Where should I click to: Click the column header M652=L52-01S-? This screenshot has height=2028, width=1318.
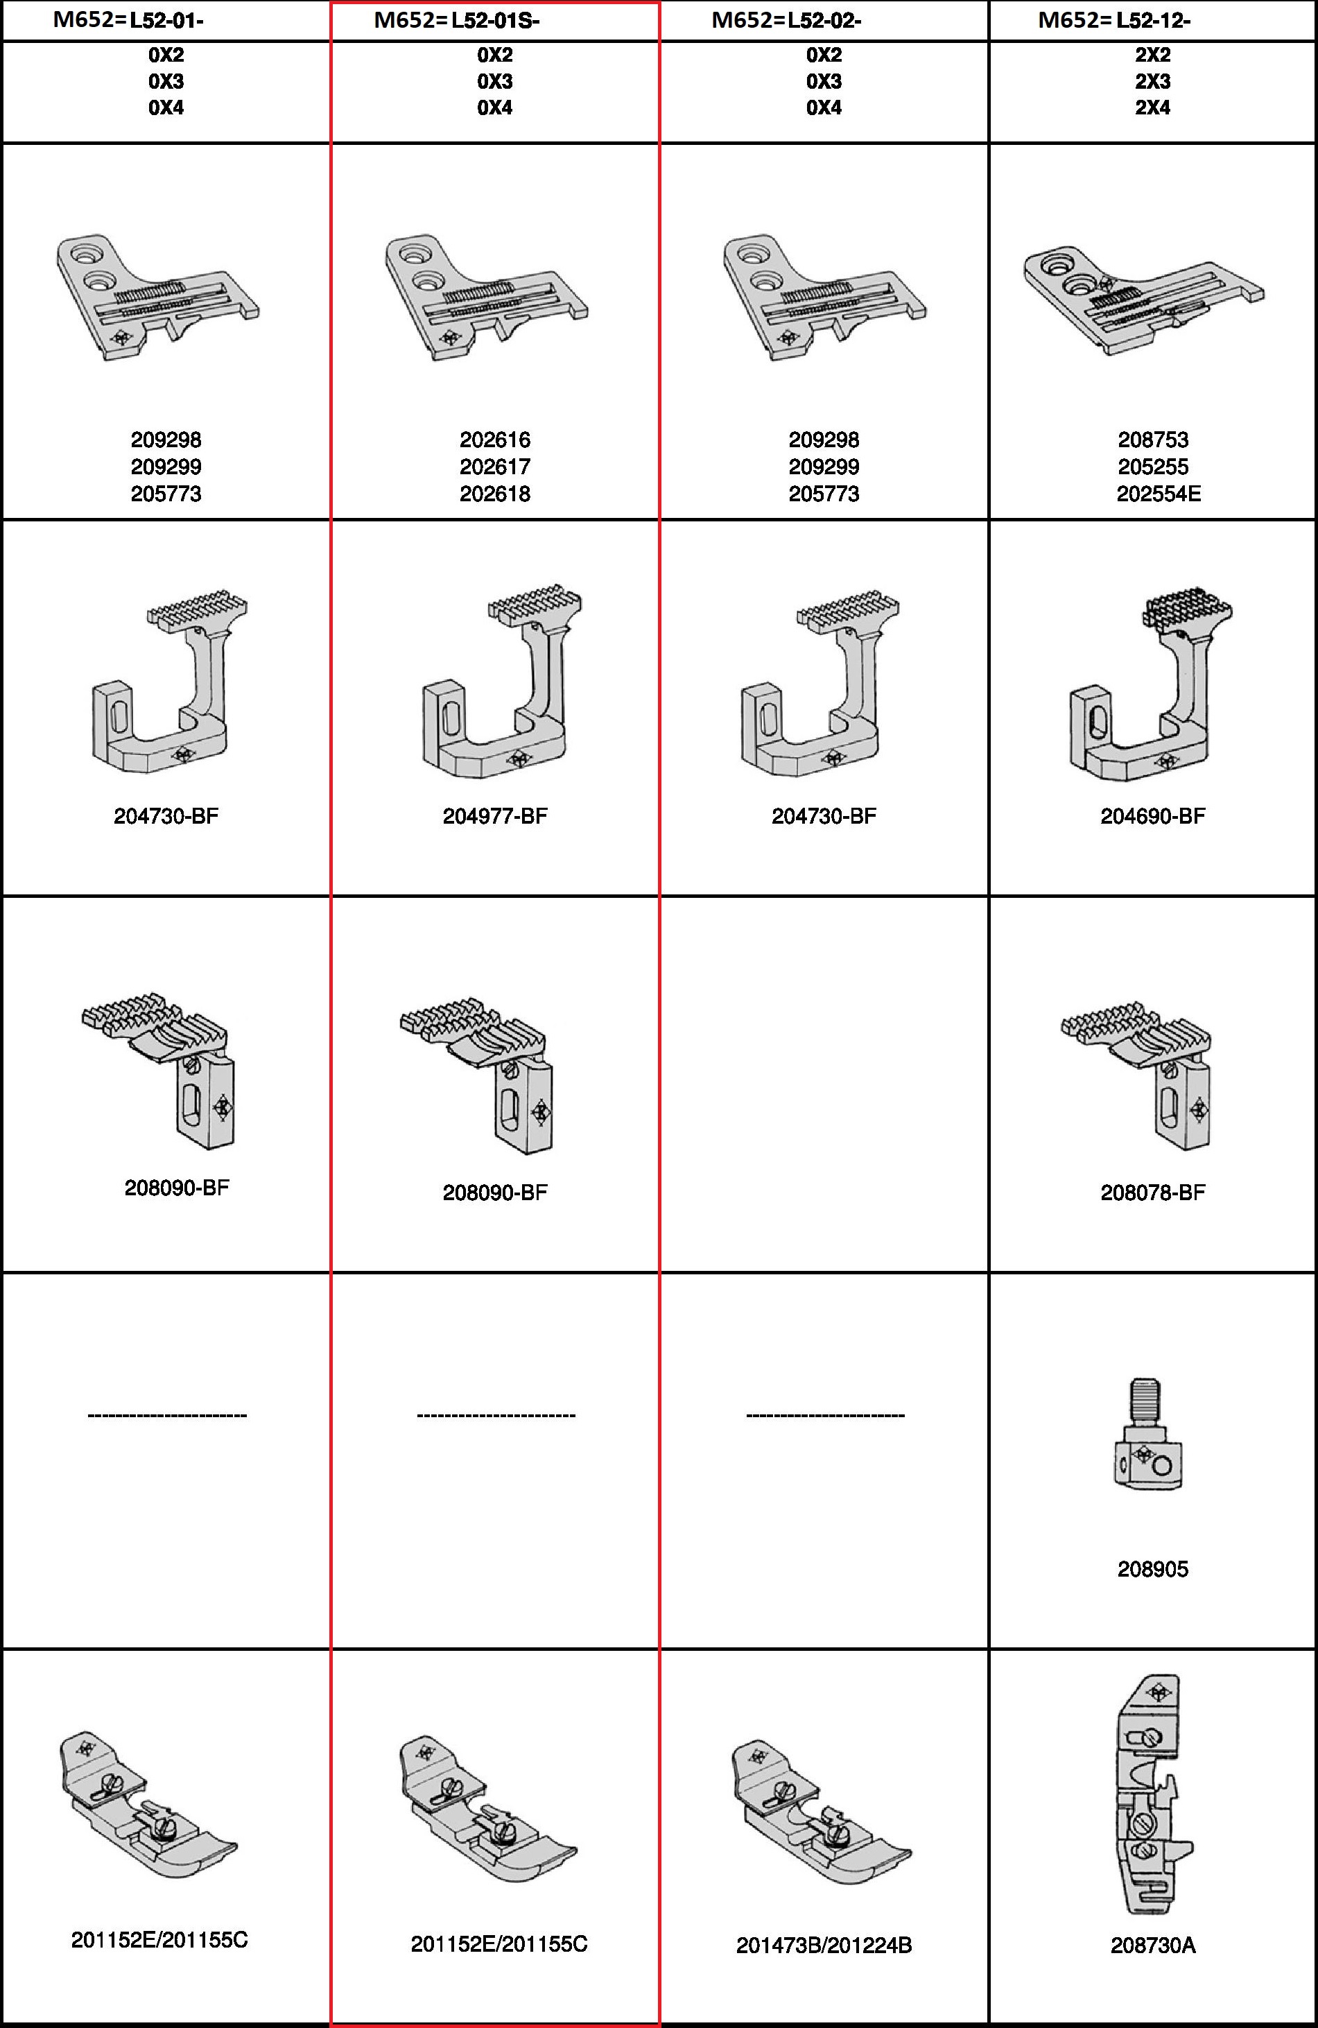pos(457,20)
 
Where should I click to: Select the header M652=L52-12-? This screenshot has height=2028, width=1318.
pos(1114,20)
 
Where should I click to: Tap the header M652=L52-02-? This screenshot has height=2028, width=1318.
pos(786,20)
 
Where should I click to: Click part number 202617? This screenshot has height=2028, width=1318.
pos(495,467)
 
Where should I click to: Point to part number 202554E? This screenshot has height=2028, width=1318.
pos(1159,494)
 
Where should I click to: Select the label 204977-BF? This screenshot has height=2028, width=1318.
pos(495,816)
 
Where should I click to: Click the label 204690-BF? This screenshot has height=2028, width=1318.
pos(1153,816)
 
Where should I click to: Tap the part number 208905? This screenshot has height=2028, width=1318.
pos(1153,1570)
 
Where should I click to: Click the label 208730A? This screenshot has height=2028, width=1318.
pos(1153,1945)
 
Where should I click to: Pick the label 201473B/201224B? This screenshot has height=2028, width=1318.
pos(824,1945)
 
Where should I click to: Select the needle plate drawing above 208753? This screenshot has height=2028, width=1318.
pos(1144,302)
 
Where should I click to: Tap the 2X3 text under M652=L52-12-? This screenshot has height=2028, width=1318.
pos(1153,82)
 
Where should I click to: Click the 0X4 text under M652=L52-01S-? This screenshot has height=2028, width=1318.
pos(495,108)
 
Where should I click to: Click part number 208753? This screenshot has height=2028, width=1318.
pos(1153,440)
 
